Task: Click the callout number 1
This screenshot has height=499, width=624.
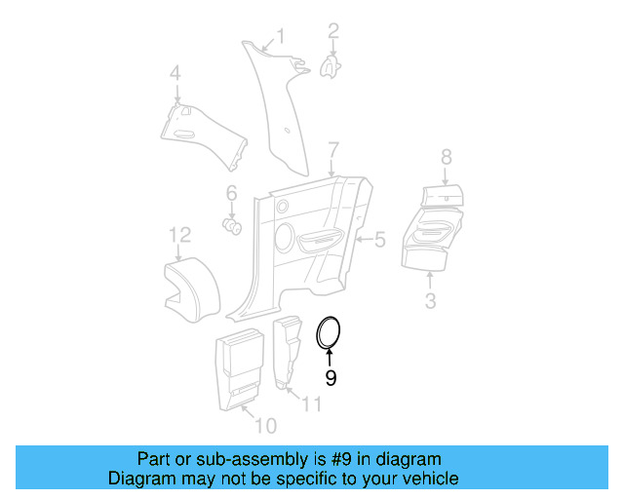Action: coord(281,37)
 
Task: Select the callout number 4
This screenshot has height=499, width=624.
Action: coord(175,73)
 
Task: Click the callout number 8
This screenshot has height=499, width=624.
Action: coord(447,157)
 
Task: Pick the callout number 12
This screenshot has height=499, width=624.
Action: coord(179,235)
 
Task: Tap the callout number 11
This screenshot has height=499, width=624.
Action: coord(311,404)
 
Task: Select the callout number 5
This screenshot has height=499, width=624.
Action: coord(380,238)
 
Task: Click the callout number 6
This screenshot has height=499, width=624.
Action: coord(232,192)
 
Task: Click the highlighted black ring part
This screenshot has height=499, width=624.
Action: coord(331,332)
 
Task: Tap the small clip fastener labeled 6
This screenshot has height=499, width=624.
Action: coord(233,227)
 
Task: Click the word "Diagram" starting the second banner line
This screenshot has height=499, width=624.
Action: coord(137,479)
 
